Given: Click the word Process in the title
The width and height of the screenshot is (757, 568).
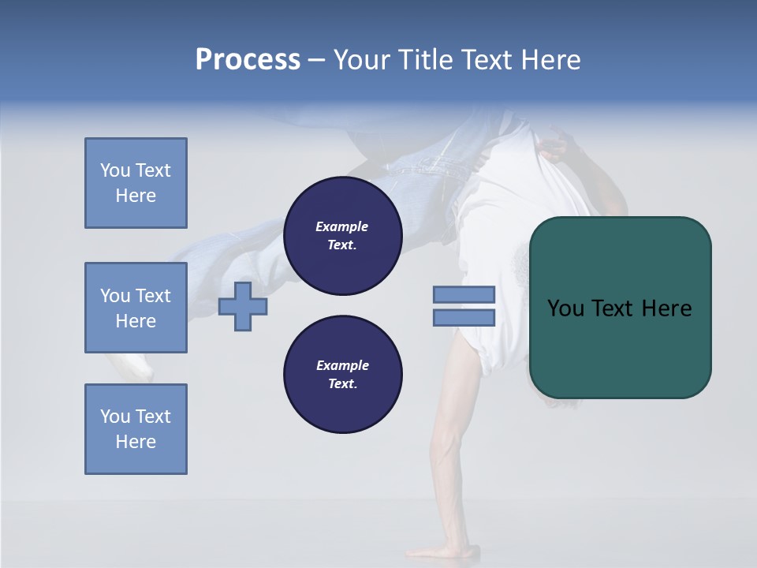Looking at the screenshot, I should pos(248,59).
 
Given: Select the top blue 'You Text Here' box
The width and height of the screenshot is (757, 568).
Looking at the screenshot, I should pos(136,183).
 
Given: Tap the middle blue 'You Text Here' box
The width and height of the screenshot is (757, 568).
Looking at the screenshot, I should pos(136,308).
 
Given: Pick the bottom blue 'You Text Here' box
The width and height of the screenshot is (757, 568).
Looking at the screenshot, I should pos(136,428).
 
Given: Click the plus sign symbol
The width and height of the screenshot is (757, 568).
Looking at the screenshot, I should pos(243,306).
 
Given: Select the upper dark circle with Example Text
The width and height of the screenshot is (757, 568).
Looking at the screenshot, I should pos(342,235).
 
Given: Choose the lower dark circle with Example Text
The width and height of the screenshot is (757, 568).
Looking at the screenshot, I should pos(342,374).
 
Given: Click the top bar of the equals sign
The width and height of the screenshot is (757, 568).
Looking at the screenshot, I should pos(464,294).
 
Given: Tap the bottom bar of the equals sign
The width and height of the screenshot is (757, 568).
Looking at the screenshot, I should pos(464,317).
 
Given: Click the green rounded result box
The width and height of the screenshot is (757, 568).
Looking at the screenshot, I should pos(620,308).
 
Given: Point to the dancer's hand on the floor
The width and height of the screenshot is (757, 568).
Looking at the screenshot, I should pos(442,551).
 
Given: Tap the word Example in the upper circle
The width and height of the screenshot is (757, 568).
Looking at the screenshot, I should pos(342,226).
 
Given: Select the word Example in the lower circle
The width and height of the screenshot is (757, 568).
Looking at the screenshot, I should pos(342,365).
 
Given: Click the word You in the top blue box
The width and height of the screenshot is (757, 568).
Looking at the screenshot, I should pos(114,170).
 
